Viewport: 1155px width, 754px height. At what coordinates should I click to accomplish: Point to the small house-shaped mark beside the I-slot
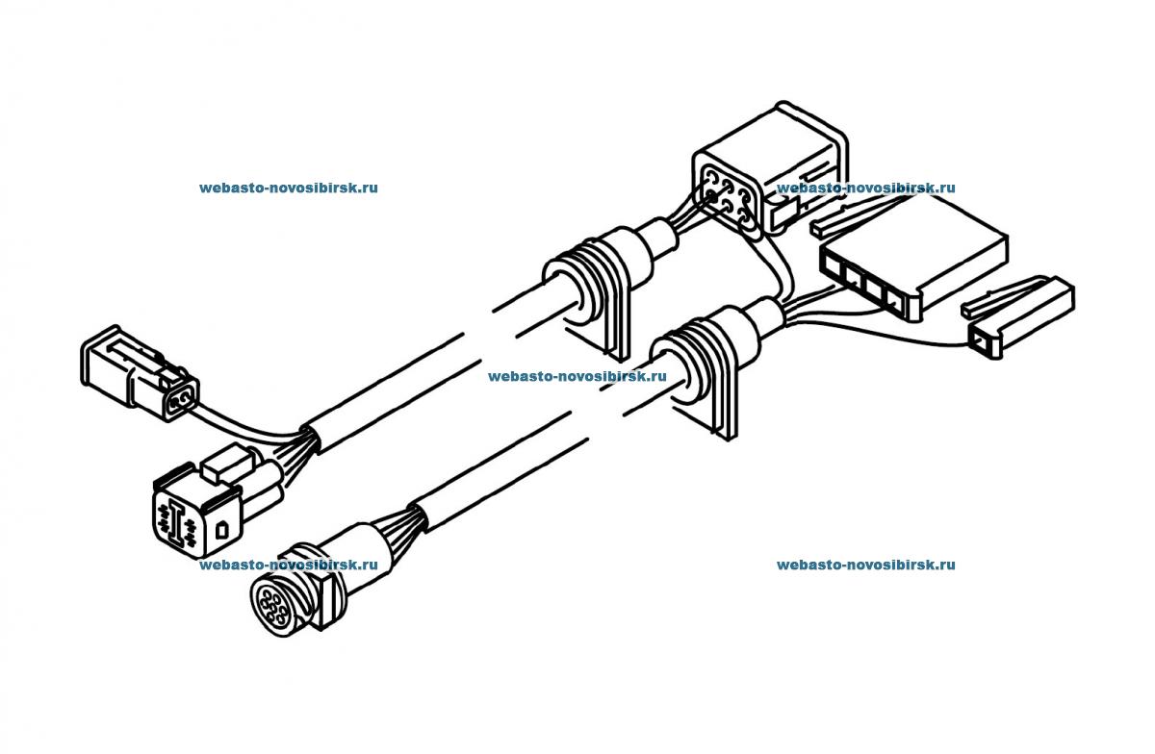click(x=221, y=527)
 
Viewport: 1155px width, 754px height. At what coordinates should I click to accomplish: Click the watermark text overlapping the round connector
click(x=289, y=565)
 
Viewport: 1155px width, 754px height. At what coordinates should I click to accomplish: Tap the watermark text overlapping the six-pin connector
click(x=865, y=188)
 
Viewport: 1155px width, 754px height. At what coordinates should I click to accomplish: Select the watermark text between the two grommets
click(x=577, y=377)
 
